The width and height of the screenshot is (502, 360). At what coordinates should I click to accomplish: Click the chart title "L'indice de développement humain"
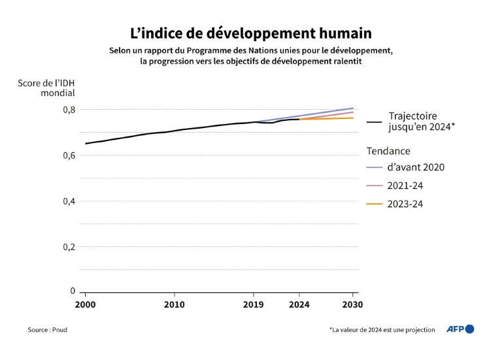coord(250,33)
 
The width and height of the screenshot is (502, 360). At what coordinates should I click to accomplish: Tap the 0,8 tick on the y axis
coord(68,109)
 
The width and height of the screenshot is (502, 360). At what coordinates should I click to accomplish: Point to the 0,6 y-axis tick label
coord(68,155)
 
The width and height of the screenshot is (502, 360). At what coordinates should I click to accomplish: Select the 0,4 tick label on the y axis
coord(68,201)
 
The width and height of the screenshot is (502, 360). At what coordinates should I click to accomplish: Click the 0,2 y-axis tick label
coord(68,246)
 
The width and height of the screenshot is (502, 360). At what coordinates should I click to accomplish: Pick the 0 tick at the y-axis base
coord(73,291)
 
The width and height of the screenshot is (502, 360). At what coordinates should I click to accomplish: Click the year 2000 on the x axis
coord(85,304)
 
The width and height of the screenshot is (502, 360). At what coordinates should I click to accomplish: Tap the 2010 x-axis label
coord(174,304)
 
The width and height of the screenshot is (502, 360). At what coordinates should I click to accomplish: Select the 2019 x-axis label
coord(254,304)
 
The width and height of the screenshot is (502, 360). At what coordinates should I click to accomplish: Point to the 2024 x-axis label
coord(299,304)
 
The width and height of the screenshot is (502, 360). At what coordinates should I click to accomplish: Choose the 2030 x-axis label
coord(352,304)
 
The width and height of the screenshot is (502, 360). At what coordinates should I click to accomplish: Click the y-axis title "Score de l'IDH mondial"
coord(46,88)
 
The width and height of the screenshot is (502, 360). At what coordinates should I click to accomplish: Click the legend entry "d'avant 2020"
coord(416,167)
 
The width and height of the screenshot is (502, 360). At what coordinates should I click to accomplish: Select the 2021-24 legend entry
coord(406,186)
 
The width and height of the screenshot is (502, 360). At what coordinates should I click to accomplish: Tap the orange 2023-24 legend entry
coord(406,204)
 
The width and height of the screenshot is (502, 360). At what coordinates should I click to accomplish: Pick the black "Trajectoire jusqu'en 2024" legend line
coord(375,122)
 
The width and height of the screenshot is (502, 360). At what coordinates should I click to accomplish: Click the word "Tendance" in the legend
coord(388,150)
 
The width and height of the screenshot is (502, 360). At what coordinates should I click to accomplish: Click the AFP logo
coord(460,329)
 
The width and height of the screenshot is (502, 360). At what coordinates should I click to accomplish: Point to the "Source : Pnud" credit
coord(47,330)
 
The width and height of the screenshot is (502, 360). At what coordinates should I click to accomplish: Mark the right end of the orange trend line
coord(353,118)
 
